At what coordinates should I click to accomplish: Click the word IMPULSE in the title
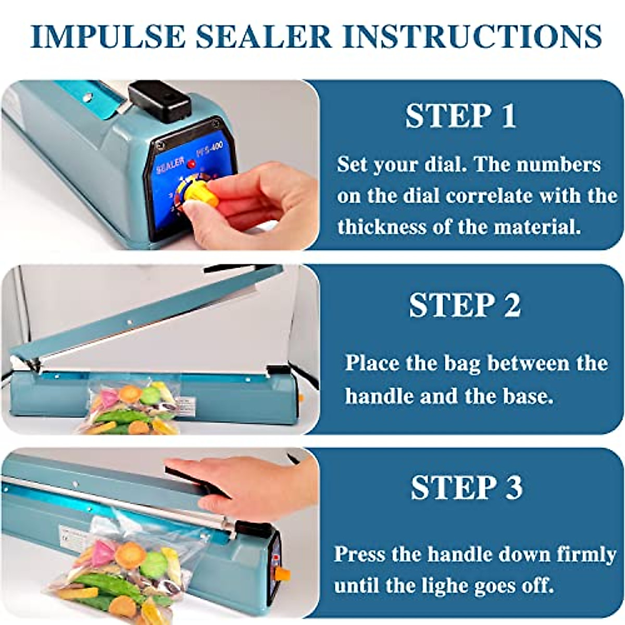(x=108, y=36)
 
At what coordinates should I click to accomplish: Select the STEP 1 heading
(x=460, y=116)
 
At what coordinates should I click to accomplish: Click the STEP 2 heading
(x=465, y=305)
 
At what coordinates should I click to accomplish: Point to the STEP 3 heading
(x=466, y=488)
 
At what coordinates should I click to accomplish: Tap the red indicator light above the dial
(x=192, y=165)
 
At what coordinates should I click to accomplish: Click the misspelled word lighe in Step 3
(x=455, y=585)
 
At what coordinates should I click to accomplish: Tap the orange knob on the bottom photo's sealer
(x=281, y=574)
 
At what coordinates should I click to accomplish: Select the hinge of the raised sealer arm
(x=31, y=363)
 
